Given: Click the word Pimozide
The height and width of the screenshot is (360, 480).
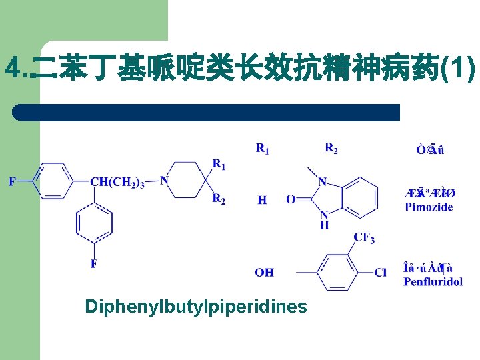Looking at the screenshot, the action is pos(429,207).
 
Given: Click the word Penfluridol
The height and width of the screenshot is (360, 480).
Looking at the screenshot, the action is pos(433,281).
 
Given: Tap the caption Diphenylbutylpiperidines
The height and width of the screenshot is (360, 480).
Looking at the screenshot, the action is pos(196,306).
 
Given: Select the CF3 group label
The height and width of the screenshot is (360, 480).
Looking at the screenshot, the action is pos(364,238).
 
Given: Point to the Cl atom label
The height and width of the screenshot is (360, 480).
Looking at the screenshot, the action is pos(380,272).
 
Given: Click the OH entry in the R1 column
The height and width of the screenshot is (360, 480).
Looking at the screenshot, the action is pos(264,272).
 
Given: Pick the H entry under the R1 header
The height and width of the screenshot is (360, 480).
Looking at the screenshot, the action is pos(262,199).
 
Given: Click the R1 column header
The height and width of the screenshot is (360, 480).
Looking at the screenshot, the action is pos(263,149).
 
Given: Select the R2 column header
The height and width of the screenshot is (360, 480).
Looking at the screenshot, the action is pos(331,149).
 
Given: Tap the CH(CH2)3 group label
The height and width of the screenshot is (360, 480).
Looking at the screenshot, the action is pos(117,183).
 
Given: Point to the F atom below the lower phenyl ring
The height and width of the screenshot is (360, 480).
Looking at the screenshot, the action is pos(93,264).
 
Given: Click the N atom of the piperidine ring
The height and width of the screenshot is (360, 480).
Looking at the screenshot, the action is pos(164,180).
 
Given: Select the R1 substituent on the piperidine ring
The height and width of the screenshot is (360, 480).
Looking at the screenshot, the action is pos(219,164).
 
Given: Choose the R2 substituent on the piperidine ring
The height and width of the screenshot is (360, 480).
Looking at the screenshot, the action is pos(219,198).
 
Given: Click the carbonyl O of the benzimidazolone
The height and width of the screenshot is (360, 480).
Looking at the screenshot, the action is pos(290,199).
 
